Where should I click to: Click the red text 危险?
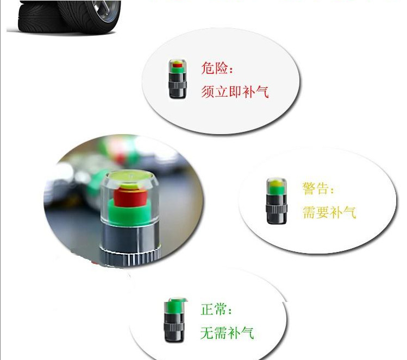(217, 68)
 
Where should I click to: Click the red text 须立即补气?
(235, 92)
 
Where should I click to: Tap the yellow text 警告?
(318, 188)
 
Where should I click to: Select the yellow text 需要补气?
(329, 212)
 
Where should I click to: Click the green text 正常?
(216, 309)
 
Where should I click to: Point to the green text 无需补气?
(227, 333)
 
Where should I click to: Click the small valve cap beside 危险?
(178, 79)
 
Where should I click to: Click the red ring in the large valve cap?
(129, 197)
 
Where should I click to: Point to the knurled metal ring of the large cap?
(130, 257)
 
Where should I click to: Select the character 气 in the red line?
(262, 92)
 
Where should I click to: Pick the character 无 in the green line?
(207, 333)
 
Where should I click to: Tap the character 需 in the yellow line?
(309, 212)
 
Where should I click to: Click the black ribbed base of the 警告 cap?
(277, 209)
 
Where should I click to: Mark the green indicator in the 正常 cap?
(174, 307)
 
